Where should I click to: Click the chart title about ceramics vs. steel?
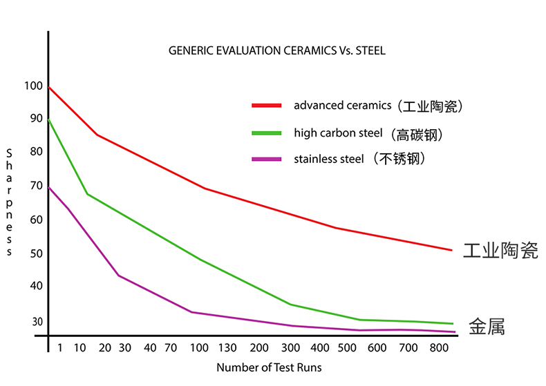[276, 51]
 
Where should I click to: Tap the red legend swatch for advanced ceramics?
[266, 106]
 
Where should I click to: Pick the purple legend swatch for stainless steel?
[266, 160]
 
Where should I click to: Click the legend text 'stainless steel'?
[328, 159]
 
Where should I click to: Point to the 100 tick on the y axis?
[32, 86]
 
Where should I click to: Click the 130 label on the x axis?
[227, 347]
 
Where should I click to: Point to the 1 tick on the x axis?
[59, 347]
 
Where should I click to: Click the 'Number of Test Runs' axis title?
[269, 367]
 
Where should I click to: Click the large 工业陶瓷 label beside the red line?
[500, 250]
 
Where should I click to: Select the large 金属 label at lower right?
[487, 326]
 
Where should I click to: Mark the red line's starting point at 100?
[48, 87]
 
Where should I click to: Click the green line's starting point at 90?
[48, 120]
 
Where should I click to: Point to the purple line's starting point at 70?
[48, 187]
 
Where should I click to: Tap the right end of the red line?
[451, 250]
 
